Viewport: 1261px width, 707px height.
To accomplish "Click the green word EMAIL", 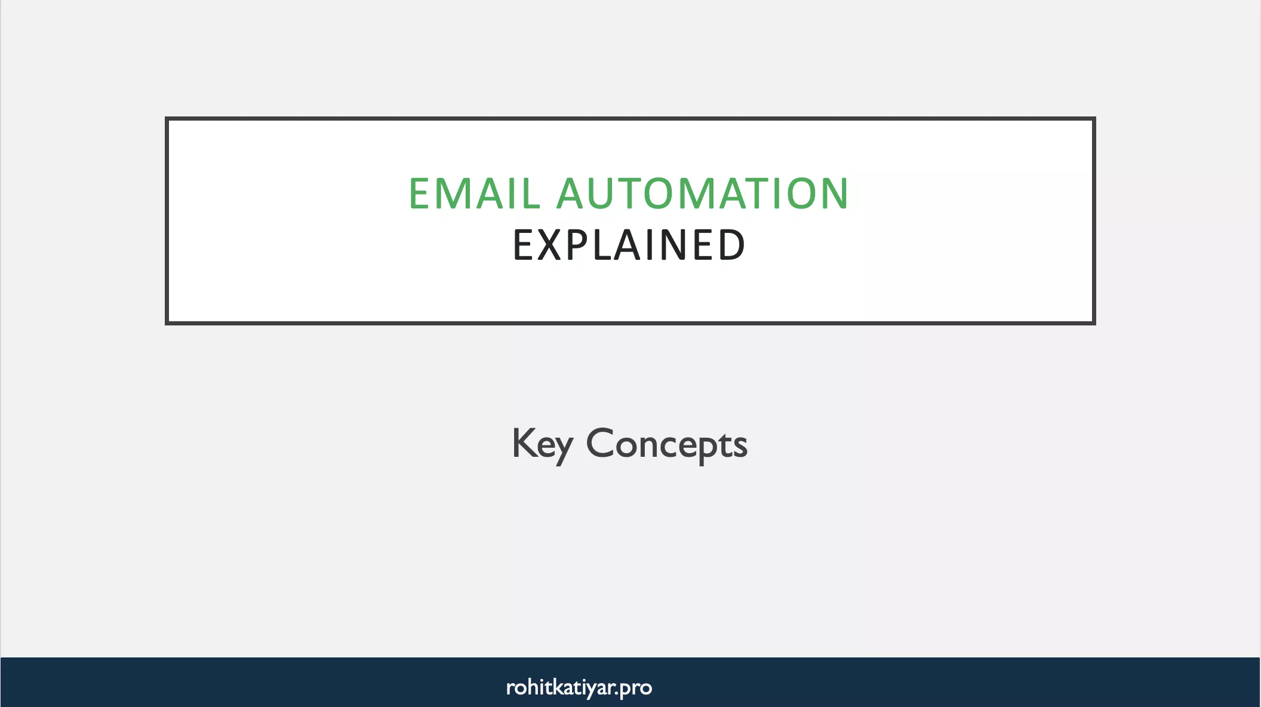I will tap(474, 194).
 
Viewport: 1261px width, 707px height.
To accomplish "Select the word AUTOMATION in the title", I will tap(703, 194).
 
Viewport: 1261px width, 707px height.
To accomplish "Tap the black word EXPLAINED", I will tap(629, 245).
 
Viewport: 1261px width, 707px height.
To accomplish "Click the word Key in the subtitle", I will tap(542, 444).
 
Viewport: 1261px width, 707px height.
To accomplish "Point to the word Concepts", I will tap(666, 444).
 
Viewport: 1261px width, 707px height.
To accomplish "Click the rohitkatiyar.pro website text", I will tap(579, 687).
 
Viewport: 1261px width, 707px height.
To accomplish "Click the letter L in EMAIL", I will tap(530, 194).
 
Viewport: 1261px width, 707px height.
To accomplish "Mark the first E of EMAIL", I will tap(420, 194).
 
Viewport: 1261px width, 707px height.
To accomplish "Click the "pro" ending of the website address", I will tap(636, 688).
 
